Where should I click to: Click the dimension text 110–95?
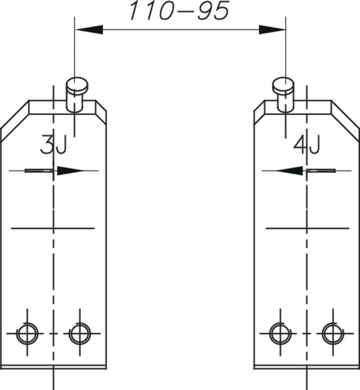(x=179, y=10)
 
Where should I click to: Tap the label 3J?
(x=54, y=144)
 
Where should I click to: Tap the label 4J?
(x=306, y=144)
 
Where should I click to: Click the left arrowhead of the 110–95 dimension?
(x=89, y=30)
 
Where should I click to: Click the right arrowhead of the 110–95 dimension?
(x=272, y=30)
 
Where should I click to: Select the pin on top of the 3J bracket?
(x=77, y=95)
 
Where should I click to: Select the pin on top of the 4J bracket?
(x=283, y=95)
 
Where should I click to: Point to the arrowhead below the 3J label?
(x=70, y=171)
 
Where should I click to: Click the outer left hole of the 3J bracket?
(x=28, y=334)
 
